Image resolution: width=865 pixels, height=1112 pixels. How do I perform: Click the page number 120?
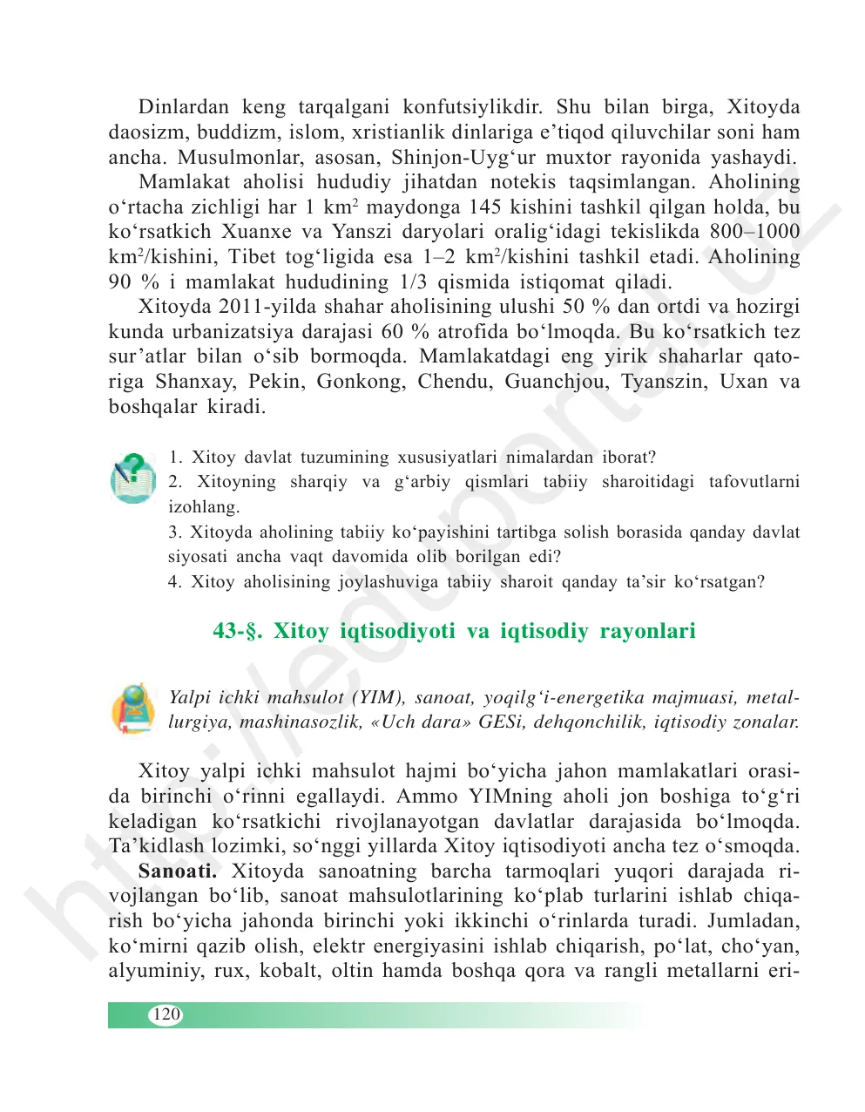166,1014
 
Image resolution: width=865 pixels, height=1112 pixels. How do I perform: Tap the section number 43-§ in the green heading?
239,630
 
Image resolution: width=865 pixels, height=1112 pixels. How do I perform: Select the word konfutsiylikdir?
472,107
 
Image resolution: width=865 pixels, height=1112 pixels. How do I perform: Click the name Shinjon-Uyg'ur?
445,158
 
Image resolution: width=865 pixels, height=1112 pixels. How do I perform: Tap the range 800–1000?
754,232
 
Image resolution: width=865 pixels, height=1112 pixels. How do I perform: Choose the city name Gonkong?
363,382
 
